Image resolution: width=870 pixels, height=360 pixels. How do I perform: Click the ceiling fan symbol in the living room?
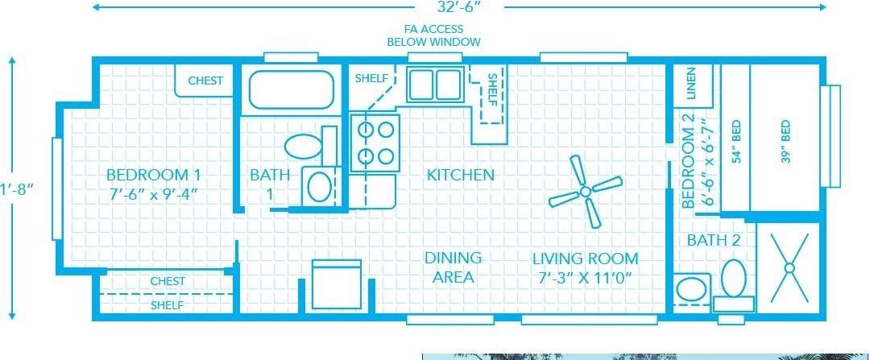pyautogui.click(x=586, y=192)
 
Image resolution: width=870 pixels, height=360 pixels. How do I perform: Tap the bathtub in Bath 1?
pyautogui.click(x=292, y=89)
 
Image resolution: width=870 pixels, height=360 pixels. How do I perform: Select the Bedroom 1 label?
pyautogui.click(x=153, y=176)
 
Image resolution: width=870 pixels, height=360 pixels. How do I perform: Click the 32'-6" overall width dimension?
pyautogui.click(x=460, y=6)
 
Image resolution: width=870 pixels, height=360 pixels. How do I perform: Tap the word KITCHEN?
pyautogui.click(x=461, y=175)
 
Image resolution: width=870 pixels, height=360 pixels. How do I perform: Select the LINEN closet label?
pyautogui.click(x=691, y=83)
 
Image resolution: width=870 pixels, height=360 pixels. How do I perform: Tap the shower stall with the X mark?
pyautogui.click(x=789, y=268)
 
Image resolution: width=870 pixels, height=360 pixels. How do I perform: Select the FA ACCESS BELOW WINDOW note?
pyautogui.click(x=434, y=35)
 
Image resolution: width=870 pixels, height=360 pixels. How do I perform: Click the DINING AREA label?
pyautogui.click(x=453, y=267)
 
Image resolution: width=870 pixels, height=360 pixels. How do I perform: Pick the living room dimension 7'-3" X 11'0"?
pyautogui.click(x=586, y=277)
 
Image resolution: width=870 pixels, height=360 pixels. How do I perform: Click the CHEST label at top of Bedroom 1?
pyautogui.click(x=205, y=81)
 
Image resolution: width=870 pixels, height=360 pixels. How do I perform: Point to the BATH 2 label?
pyautogui.click(x=714, y=240)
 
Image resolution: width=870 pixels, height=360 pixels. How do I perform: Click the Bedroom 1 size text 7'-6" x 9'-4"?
pyautogui.click(x=153, y=195)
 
